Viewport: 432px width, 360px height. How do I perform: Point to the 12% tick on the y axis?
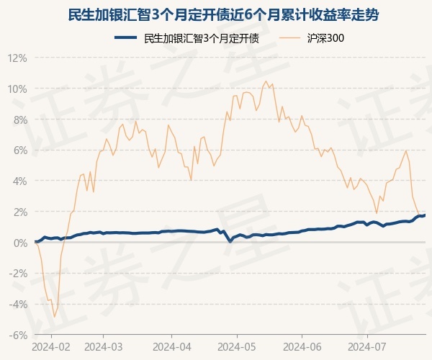tap(18, 58)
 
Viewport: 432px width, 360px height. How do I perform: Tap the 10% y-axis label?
tap(18, 89)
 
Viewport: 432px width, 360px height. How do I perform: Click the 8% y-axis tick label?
tap(20, 120)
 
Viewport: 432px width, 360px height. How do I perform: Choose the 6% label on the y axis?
tap(20, 150)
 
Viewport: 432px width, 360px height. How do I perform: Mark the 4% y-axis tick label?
tap(20, 181)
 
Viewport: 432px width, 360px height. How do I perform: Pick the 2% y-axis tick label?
tap(20, 212)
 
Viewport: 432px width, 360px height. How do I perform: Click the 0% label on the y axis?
tap(20, 243)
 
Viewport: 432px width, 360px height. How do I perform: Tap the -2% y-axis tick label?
tap(19, 274)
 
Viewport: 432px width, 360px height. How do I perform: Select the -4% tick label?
tap(19, 305)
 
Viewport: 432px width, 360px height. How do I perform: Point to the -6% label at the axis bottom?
tap(19, 335)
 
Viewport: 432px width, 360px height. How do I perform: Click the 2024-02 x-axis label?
tap(51, 346)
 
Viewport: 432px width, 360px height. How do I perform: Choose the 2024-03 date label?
tap(104, 346)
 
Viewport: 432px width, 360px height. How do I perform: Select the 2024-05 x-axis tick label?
tap(238, 346)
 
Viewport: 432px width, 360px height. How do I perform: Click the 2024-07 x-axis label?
tap(367, 346)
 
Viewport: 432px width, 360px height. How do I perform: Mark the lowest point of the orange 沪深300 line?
tap(54, 317)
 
